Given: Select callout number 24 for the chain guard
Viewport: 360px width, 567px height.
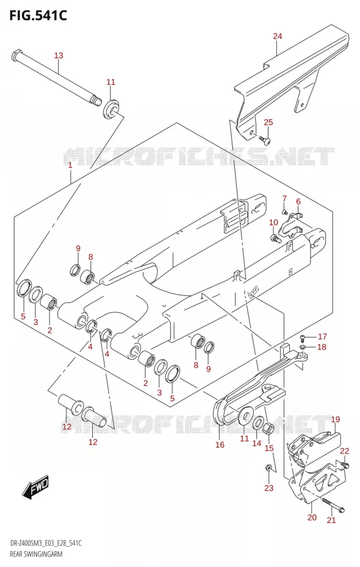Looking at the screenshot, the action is point(278,36).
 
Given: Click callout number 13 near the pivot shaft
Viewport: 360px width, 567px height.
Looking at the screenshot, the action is point(59,55).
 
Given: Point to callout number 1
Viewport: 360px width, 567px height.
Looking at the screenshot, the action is point(70,165).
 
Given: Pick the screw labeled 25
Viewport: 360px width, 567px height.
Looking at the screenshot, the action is point(264,139).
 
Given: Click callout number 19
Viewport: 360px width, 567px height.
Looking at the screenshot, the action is point(336,419).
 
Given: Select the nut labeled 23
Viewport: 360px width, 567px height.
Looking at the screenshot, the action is point(268,468).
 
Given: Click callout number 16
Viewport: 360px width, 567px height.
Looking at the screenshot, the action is point(220,445).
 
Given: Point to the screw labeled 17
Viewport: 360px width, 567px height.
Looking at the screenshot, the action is point(303,338).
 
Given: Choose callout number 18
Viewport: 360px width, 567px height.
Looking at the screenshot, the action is point(322,347).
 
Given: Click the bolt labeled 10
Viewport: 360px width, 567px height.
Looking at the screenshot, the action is point(276,238).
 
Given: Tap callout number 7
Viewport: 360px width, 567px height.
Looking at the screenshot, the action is point(284,198).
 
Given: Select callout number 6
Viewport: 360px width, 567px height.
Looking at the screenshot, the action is point(298,201).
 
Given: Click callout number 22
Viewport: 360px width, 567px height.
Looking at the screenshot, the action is point(345,451).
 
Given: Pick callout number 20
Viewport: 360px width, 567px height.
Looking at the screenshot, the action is point(312,518).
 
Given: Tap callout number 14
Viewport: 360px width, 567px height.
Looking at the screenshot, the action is point(256,443).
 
